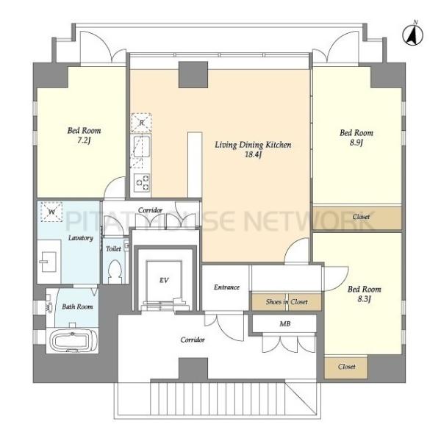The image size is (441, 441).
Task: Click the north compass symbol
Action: tap(412, 34)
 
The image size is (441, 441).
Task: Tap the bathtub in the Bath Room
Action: tap(73, 342)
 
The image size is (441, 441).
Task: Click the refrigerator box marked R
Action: tap(141, 123)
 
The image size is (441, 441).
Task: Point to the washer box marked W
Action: tap(51, 212)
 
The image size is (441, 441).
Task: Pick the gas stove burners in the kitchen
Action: tap(142, 183)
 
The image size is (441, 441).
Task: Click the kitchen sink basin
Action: tap(142, 146)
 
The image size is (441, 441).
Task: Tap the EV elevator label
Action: tap(164, 280)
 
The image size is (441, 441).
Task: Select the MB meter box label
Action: tap(285, 323)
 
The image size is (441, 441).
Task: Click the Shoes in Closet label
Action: tap(287, 302)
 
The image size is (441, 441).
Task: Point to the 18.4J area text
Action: tap(253, 154)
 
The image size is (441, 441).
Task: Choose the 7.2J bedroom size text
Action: tap(84, 140)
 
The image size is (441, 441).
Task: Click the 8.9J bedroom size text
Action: tap(356, 143)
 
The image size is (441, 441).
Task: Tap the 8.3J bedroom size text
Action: tap(365, 299)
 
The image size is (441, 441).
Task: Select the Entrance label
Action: tap(226, 287)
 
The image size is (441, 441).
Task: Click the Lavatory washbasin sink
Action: tap(49, 262)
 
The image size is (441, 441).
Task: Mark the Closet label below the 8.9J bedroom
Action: tap(361, 217)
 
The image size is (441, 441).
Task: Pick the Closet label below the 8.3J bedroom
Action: tap(346, 367)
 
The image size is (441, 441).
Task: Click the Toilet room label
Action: tap(113, 248)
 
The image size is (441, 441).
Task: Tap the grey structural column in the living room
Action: tap(193, 74)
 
